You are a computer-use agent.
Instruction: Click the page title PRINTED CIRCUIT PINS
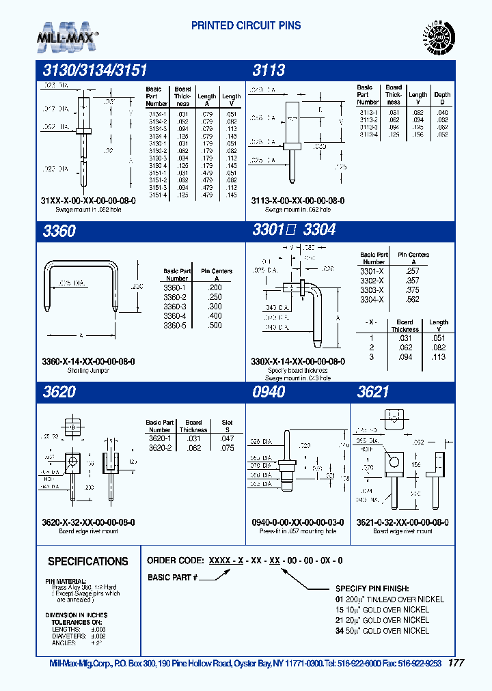[246, 26]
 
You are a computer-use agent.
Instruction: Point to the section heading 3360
[59, 231]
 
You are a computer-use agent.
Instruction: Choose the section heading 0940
[269, 392]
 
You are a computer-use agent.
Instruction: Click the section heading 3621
[373, 392]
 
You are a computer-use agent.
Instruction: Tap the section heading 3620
[59, 392]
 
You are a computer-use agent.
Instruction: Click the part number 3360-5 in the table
[176, 326]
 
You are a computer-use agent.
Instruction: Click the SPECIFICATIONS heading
[87, 561]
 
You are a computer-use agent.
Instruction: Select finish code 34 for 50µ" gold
[339, 630]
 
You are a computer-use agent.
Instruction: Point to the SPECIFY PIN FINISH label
[372, 588]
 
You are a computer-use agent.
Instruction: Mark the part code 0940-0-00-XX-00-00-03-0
[298, 522]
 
